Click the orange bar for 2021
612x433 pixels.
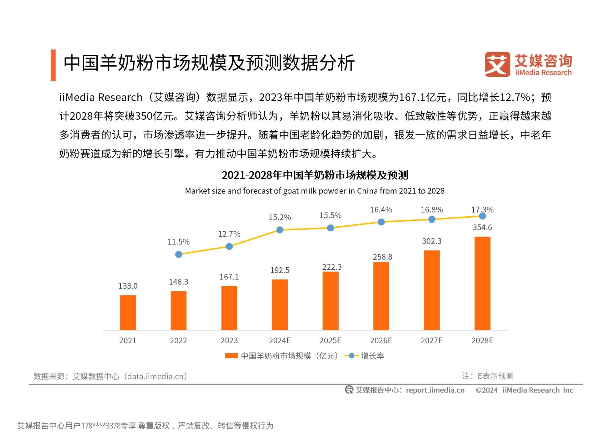tap(128, 313)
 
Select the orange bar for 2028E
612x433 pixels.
tap(482, 283)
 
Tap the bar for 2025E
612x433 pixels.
tap(330, 301)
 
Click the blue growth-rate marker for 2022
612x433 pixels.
tap(179, 254)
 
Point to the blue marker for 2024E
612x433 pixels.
tap(280, 230)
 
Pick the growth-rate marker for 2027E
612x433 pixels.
tap(432, 219)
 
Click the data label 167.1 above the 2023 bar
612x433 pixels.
tap(229, 277)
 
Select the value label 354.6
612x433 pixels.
tap(482, 227)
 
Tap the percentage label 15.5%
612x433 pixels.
tap(330, 216)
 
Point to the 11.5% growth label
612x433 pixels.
tap(179, 242)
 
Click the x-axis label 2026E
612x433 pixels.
tap(381, 341)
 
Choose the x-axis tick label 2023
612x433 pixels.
tap(229, 341)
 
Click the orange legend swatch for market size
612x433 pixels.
tap(232, 356)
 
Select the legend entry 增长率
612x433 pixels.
tap(372, 356)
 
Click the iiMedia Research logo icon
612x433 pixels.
tap(497, 65)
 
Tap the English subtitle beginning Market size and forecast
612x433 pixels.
tap(315, 191)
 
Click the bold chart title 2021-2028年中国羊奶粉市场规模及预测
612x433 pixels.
tap(315, 175)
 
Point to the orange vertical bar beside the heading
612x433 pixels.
tap(53, 65)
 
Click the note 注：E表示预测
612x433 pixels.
tap(488, 376)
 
